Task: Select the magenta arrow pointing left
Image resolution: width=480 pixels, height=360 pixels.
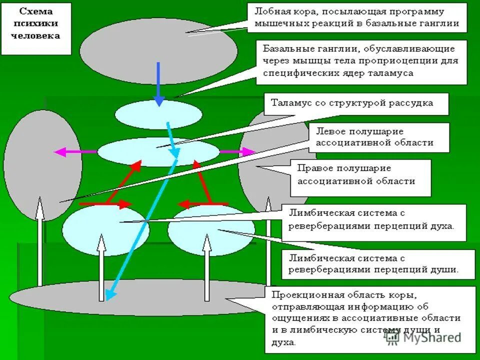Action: (75, 151)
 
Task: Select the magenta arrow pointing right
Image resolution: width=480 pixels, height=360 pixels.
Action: (237, 151)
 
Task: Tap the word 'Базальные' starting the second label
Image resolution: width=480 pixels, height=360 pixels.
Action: (283, 49)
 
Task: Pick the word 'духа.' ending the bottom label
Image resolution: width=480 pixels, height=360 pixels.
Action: (285, 342)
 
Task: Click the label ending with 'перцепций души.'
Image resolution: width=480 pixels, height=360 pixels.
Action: (373, 264)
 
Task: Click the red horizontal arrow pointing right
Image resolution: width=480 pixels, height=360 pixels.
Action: (105, 204)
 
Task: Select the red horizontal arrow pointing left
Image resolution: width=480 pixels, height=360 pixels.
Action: (202, 204)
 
